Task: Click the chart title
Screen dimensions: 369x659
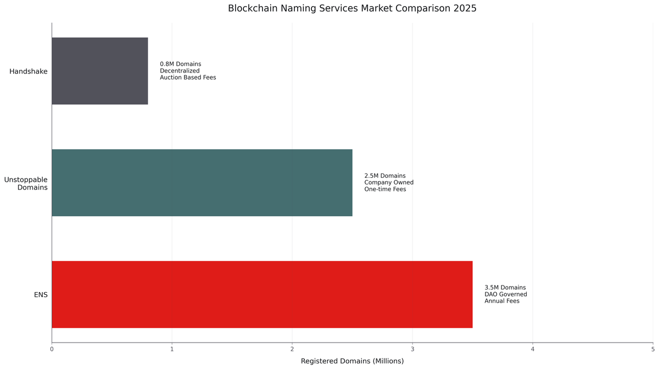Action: pyautogui.click(x=352, y=9)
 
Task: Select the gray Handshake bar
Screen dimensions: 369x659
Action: pyautogui.click(x=100, y=71)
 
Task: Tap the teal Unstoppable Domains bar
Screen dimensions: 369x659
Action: pyautogui.click(x=202, y=183)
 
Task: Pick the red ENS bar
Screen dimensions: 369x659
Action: pyautogui.click(x=262, y=294)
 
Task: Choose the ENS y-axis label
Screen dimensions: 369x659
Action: pyautogui.click(x=41, y=295)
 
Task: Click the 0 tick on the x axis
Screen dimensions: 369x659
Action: pyautogui.click(x=52, y=349)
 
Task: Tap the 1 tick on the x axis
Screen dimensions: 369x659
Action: pyautogui.click(x=172, y=349)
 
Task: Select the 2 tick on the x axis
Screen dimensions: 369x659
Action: pyautogui.click(x=292, y=349)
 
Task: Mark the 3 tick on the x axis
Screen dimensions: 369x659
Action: pyautogui.click(x=412, y=349)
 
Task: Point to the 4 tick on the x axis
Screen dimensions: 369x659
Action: pyautogui.click(x=533, y=349)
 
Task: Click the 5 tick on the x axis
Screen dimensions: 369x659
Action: pyautogui.click(x=652, y=349)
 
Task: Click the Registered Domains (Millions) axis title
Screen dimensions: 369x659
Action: pyautogui.click(x=352, y=361)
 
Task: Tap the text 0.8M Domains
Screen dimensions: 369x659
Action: pyautogui.click(x=181, y=64)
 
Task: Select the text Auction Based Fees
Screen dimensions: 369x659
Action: pyautogui.click(x=188, y=77)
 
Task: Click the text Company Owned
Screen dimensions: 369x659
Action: pyautogui.click(x=389, y=182)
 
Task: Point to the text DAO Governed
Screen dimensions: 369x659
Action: pyautogui.click(x=506, y=294)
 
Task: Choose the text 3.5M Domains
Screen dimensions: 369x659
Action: pyautogui.click(x=505, y=288)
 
